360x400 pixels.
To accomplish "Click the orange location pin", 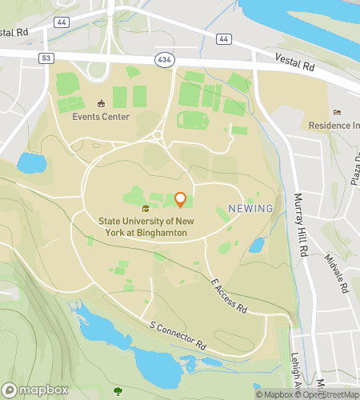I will [180, 198].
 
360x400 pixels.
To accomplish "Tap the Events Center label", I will [100, 116].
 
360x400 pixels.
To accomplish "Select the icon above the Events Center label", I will [101, 103].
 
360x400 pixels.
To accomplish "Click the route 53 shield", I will [47, 58].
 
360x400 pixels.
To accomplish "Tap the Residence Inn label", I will [334, 126].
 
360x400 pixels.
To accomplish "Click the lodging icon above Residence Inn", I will [337, 113].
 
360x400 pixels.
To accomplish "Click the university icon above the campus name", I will [145, 208].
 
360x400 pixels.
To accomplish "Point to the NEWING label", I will [250, 209].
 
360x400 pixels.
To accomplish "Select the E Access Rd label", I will [230, 296].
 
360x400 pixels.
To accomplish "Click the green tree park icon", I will [118, 391].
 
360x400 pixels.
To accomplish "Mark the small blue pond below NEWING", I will [256, 245].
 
